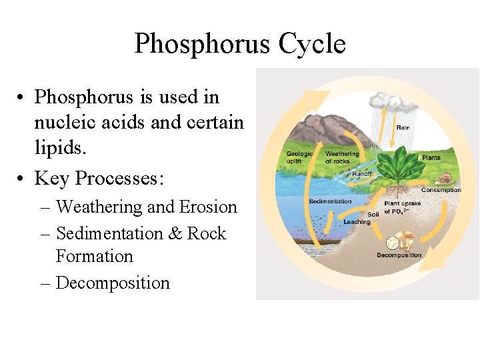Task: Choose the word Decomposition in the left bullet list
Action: click(113, 283)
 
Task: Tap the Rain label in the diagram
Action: click(403, 127)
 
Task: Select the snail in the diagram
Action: click(445, 179)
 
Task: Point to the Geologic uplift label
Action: click(299, 157)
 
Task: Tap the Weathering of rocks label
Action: click(341, 157)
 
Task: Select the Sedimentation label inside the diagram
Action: click(330, 201)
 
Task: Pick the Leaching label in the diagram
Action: click(357, 222)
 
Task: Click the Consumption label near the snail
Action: click(441, 190)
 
